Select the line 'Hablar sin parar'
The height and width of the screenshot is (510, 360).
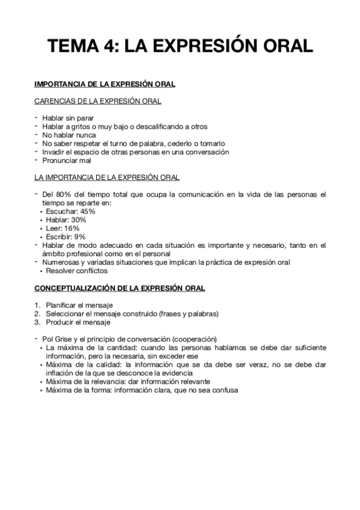[67, 118]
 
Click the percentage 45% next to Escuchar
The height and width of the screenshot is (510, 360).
[87, 211]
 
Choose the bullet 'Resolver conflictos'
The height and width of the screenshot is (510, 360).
[77, 271]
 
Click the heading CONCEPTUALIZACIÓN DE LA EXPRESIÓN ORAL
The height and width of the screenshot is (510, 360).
[120, 288]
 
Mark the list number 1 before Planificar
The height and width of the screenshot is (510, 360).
[37, 305]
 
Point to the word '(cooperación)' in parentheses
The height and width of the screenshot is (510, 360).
[194, 339]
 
